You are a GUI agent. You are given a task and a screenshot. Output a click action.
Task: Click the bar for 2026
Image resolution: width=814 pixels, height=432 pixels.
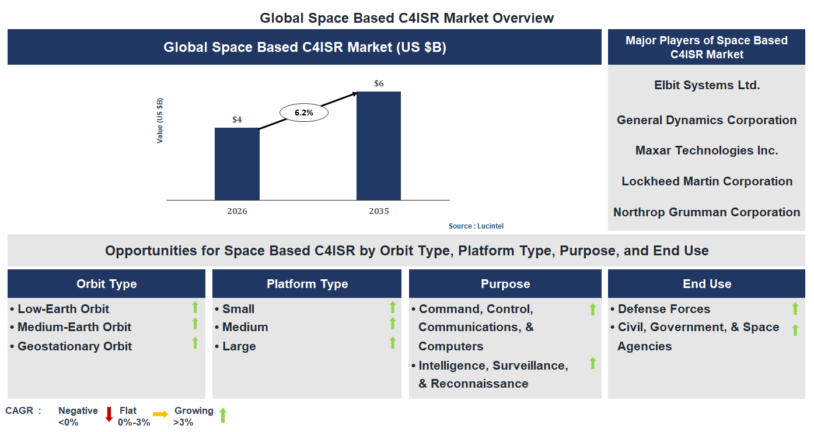point(237,164)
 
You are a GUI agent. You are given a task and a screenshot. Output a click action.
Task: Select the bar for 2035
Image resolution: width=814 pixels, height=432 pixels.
point(379,146)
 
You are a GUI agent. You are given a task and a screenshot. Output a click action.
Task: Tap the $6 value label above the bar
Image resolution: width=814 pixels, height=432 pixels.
point(379,83)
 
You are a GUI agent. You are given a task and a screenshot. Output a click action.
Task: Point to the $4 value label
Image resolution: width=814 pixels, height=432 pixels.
point(237,120)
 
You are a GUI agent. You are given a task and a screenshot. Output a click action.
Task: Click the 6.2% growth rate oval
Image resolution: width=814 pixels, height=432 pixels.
point(304,113)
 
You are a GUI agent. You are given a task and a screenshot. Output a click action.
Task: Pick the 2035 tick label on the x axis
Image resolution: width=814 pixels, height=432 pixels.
point(379,211)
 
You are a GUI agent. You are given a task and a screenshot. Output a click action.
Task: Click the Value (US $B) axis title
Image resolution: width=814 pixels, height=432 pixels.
point(160,121)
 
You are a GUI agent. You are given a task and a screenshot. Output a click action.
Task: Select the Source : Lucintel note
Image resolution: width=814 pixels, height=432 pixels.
point(476,226)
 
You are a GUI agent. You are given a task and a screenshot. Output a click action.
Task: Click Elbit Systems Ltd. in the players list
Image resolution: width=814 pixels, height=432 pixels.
point(707,85)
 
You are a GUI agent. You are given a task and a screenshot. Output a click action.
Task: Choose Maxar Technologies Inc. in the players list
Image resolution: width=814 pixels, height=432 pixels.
point(707,150)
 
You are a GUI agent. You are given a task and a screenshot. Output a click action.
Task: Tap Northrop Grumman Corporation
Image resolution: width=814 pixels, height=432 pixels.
point(707,212)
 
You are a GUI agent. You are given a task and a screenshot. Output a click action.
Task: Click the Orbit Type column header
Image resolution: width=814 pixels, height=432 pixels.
point(106,284)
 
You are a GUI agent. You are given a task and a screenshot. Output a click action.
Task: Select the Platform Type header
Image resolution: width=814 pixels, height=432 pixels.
point(307,284)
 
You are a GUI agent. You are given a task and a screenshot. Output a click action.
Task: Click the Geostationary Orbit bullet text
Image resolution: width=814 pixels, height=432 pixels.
point(75,346)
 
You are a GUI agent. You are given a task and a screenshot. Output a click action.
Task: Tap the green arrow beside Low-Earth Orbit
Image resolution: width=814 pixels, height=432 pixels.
point(195,307)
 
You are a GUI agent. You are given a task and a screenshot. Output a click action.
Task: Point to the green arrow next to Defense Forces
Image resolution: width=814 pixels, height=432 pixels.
point(795,309)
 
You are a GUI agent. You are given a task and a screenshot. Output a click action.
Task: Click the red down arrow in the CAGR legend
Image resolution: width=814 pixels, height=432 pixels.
point(109,414)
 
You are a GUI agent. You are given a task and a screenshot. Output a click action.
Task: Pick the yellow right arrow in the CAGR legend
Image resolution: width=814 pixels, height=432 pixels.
point(160,413)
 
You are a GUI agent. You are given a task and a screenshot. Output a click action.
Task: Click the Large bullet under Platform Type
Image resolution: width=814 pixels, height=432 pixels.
point(239,346)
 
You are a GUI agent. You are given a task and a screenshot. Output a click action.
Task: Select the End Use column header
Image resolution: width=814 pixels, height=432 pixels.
point(707,284)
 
